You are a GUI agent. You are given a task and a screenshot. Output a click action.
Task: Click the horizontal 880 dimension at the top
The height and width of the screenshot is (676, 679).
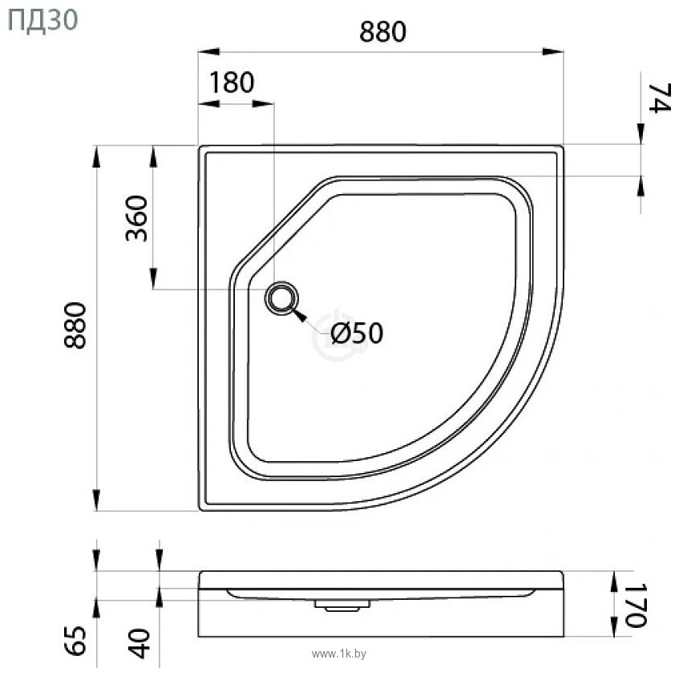[382, 31]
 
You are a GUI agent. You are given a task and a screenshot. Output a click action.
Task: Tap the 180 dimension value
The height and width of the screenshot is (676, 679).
[232, 83]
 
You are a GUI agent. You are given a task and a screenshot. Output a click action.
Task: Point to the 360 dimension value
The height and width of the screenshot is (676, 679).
[137, 219]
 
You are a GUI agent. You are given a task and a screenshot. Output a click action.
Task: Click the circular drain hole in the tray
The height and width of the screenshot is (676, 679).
[281, 299]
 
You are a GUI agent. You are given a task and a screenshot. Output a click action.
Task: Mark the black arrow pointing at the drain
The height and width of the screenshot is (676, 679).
[303, 316]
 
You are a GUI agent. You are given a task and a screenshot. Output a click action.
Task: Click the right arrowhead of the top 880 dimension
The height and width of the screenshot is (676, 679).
[552, 52]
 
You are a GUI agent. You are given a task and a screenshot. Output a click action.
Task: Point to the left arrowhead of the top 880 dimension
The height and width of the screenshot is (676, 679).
[209, 52]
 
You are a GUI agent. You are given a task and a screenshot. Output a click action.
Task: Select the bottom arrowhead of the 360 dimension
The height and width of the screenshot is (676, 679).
[152, 278]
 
